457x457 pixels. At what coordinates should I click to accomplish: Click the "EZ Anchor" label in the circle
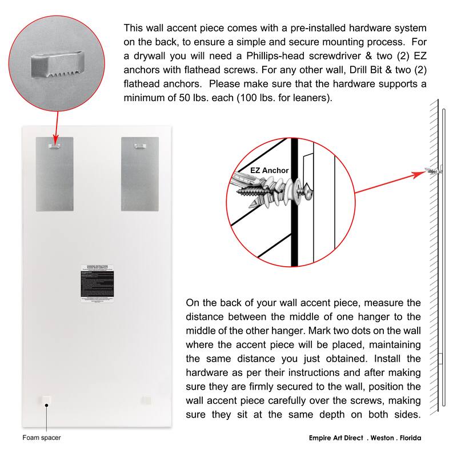pos(270,170)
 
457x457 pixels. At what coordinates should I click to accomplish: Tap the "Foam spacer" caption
pos(42,438)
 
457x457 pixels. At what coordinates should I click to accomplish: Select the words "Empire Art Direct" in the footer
pos(329,438)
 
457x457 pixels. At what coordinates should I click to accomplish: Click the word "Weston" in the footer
pos(376,438)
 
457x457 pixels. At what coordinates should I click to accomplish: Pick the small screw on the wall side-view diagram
pos(432,170)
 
